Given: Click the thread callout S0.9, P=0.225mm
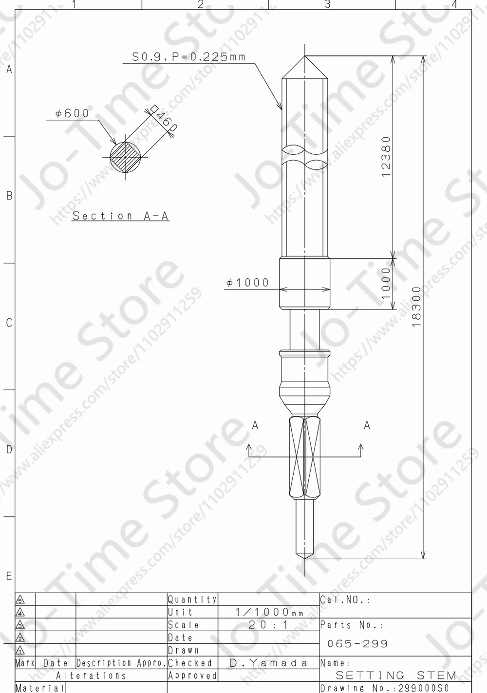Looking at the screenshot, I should click(189, 57).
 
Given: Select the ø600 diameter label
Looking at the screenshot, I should click(73, 113).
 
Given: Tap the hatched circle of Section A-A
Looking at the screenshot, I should click(125, 157).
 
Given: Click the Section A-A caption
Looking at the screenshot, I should click(120, 216).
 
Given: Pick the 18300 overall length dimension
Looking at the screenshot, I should click(415, 306).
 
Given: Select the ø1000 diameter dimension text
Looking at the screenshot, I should click(247, 283).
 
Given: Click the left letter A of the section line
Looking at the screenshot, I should click(255, 425).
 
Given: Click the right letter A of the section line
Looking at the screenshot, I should click(367, 425).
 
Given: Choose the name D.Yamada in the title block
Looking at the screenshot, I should click(268, 663).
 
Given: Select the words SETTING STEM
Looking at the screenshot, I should click(396, 675).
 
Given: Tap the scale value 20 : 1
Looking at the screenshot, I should click(268, 625).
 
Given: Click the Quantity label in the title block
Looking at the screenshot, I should click(192, 600).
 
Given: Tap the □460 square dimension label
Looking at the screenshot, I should click(163, 119).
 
